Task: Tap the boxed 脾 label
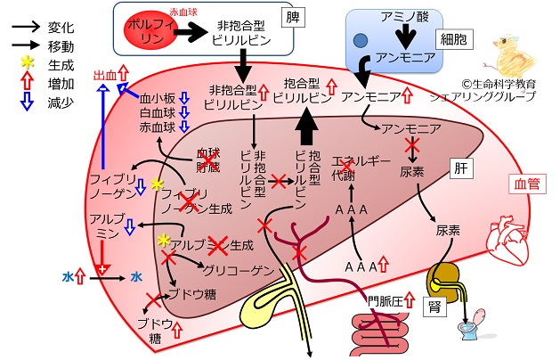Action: click(293, 17)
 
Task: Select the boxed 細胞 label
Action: click(454, 39)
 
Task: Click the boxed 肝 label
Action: click(461, 168)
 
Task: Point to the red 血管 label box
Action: click(527, 184)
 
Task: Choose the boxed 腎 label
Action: click(435, 307)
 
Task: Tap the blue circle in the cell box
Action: click(361, 40)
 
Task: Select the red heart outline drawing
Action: click(509, 240)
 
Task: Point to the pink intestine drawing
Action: click(380, 332)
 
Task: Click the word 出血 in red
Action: click(105, 76)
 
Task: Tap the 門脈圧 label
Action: click(386, 301)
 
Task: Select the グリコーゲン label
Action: click(239, 271)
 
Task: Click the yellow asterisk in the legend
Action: click(27, 63)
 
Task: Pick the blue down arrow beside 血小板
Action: click(184, 98)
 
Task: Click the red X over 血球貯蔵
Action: click(208, 160)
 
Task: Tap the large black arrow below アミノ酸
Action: click(406, 37)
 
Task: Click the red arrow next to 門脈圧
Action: click(410, 299)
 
